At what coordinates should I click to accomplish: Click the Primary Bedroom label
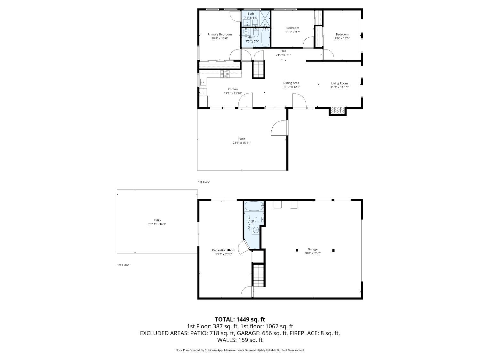(220, 34)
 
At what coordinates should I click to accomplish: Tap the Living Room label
(339, 83)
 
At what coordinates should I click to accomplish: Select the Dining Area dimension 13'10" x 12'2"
(291, 87)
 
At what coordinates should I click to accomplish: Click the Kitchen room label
(233, 89)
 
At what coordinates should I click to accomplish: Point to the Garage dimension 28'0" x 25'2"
(313, 253)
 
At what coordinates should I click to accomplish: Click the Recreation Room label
(223, 250)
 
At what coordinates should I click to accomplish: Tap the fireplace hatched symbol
(338, 110)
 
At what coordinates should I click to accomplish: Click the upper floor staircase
(259, 69)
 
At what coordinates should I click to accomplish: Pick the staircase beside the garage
(259, 275)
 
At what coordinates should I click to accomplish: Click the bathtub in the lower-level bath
(254, 206)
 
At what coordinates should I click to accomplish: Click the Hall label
(283, 51)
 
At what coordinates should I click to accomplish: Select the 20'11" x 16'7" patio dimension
(157, 224)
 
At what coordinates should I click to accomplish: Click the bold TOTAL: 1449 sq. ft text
(240, 319)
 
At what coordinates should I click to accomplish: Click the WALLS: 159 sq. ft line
(240, 340)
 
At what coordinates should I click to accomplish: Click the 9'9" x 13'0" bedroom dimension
(342, 38)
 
